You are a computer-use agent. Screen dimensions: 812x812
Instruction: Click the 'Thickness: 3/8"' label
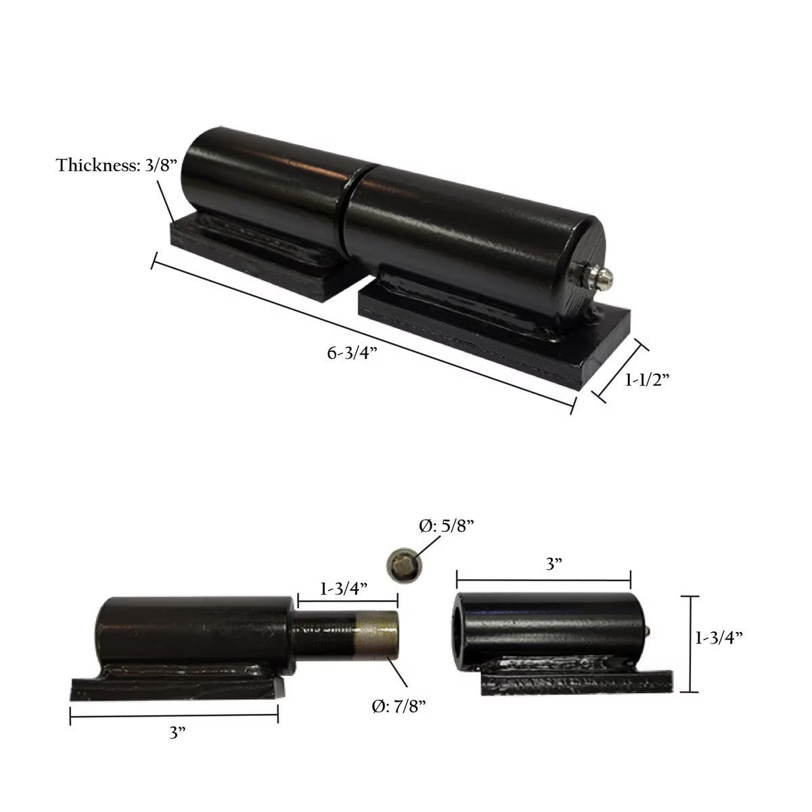(116, 165)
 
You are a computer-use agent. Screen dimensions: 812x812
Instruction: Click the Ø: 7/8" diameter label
(399, 706)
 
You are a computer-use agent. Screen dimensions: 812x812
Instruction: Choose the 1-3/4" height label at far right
(719, 637)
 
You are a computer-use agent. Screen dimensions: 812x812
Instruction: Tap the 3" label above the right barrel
(554, 564)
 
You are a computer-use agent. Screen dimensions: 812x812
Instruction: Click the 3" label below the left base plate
(178, 734)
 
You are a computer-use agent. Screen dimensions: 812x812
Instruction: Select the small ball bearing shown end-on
(405, 566)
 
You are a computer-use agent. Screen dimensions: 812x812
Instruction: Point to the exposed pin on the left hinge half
(345, 637)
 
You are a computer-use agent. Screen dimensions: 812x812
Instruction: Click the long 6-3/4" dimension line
(364, 333)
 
